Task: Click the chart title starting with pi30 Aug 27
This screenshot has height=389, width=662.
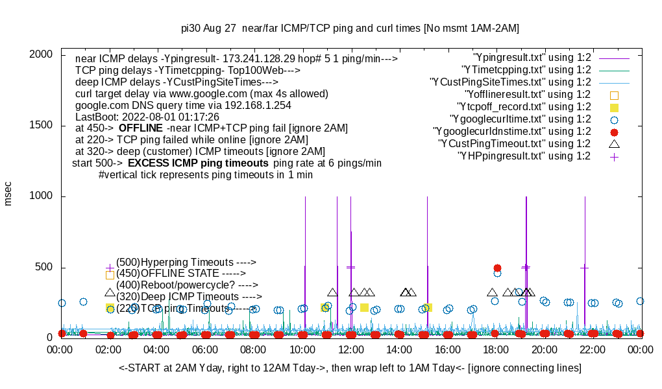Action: coord(350,29)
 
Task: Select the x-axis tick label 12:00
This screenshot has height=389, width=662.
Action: coord(351,350)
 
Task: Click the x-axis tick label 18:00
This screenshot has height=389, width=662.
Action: coord(496,350)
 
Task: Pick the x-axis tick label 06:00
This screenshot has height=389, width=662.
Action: coord(206,350)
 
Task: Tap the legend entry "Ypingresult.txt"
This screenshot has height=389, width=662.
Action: coord(532,58)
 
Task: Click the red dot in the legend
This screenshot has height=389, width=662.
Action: coord(614,132)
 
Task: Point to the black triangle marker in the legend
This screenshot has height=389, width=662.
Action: coord(614,143)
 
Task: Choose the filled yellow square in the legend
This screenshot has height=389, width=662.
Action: coord(614,107)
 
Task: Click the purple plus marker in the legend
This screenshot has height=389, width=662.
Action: coord(614,156)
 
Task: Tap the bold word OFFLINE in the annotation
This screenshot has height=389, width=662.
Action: coord(141,128)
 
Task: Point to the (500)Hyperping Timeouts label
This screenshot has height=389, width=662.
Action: coord(186,262)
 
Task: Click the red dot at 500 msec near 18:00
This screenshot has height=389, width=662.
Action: coord(497,268)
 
